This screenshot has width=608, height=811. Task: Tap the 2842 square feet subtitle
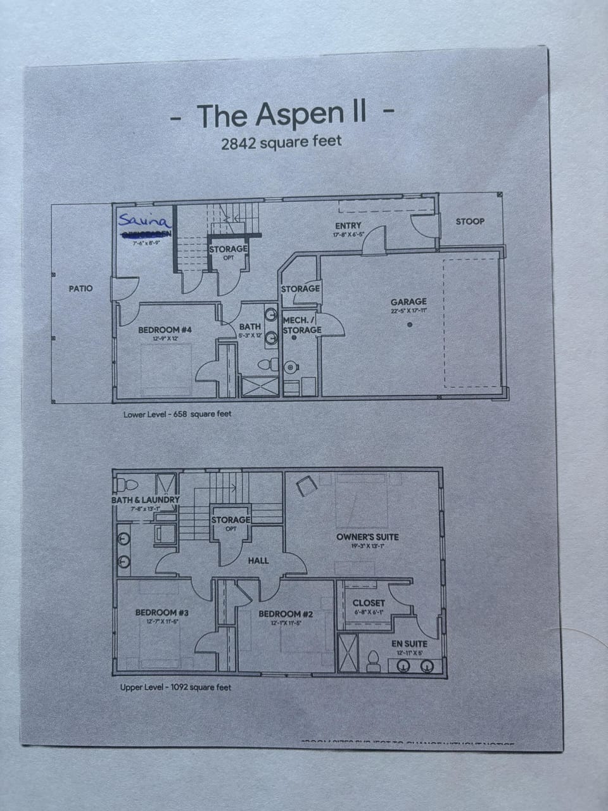pos(281,142)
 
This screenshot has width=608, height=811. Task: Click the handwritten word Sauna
pos(144,222)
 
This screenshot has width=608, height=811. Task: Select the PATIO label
pos(80,288)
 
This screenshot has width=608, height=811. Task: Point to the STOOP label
pos(470,221)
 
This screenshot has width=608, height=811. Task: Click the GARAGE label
pos(408,302)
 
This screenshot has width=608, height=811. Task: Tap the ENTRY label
pos(348,226)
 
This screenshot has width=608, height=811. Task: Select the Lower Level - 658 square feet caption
pos(177,414)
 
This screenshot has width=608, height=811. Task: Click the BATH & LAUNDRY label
pos(146,500)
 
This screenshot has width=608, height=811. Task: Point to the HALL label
pos(258,560)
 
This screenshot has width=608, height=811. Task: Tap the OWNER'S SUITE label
pos(367,537)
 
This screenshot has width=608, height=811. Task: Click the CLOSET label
pos(369,603)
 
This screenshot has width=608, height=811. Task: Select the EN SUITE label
pos(409,644)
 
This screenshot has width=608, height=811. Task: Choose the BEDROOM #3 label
pos(162,613)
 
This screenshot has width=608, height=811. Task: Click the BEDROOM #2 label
pos(286,614)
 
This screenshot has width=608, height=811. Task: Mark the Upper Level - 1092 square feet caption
pos(175,687)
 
